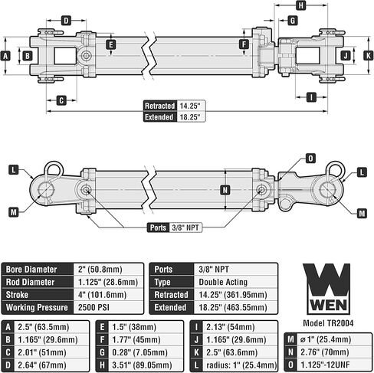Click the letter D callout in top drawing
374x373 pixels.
[66, 20]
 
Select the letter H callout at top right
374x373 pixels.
[300, 5]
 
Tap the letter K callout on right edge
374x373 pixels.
[366, 55]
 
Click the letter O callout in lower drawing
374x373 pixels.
[310, 158]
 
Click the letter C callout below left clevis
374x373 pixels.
[61, 99]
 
